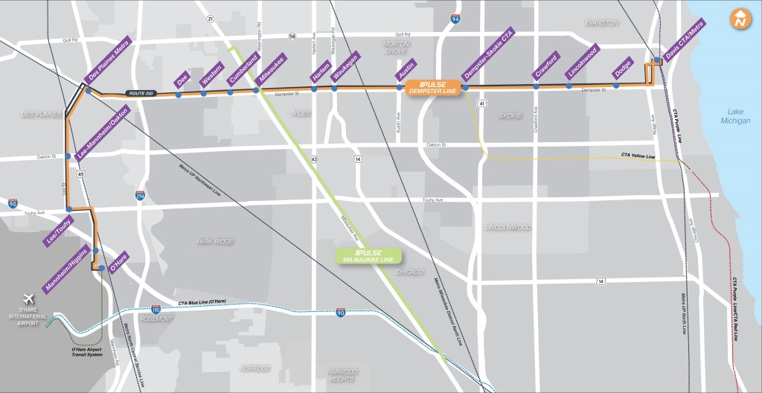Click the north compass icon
(739, 19)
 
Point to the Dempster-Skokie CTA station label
(489, 60)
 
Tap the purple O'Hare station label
(118, 262)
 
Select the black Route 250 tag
(141, 92)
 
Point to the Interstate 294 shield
(140, 196)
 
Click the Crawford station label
(545, 67)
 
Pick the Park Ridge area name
(214, 241)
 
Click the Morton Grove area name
(396, 48)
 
